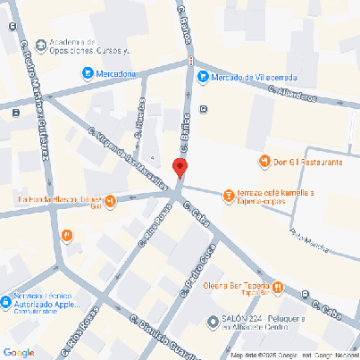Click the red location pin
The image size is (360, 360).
[x=180, y=168]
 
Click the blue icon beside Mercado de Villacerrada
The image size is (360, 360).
[x=202, y=76]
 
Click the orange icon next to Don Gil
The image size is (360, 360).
[x=264, y=162]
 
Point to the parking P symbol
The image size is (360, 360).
[x=205, y=110]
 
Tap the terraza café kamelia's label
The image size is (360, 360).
[x=275, y=197]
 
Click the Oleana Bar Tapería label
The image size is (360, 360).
[x=236, y=287]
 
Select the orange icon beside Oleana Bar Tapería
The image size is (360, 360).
[x=278, y=287]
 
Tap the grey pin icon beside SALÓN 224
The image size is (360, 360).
[x=211, y=322]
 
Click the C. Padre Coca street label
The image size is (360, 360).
[x=199, y=277]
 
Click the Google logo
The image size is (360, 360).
[x=19, y=351]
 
